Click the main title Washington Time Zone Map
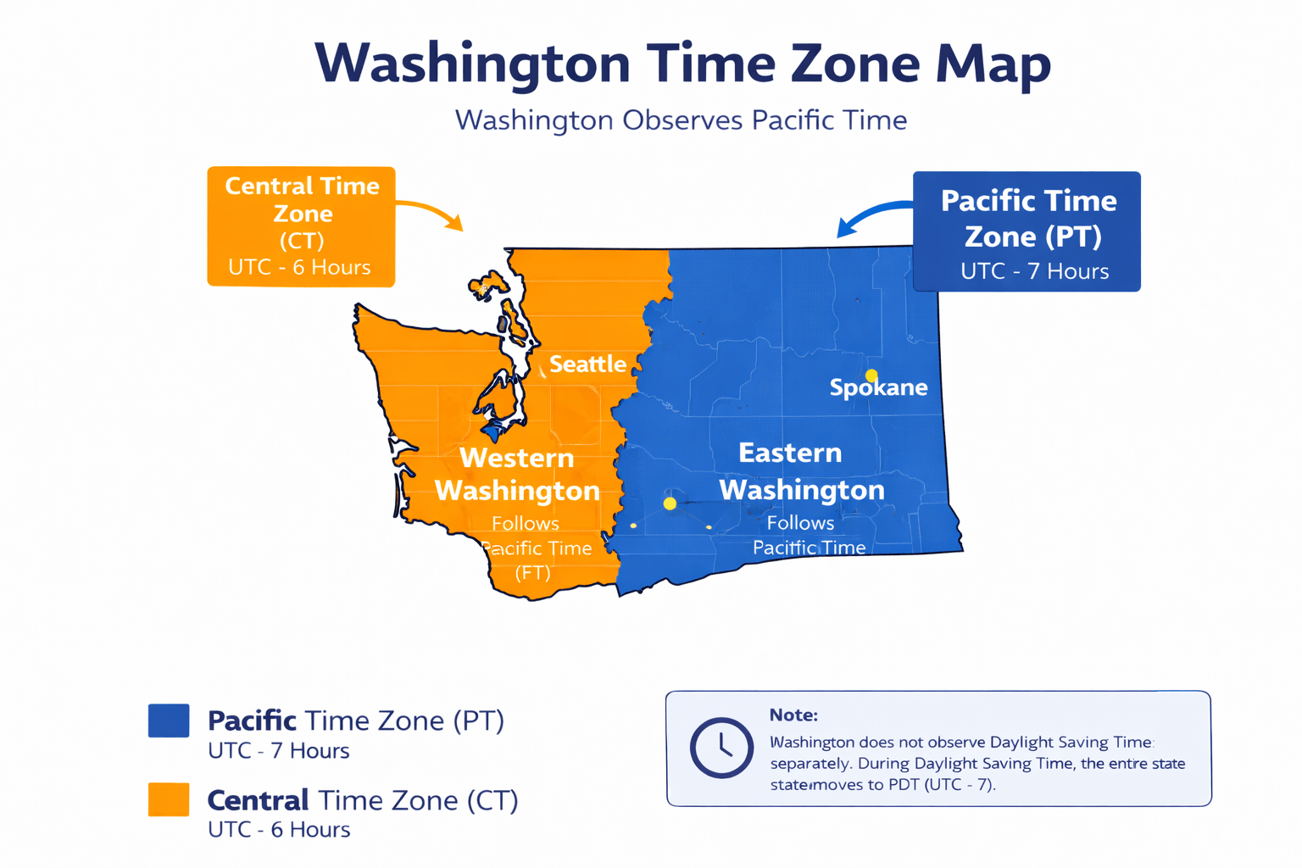682,63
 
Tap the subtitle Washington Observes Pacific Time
681,120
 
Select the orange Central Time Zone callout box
301,226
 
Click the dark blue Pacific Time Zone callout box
1027,231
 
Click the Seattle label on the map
587,364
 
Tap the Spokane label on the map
878,388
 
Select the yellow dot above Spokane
871,375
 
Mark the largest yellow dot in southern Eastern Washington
670,504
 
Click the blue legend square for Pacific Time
169,721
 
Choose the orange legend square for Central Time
169,799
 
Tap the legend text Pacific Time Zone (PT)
356,721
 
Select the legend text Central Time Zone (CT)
363,800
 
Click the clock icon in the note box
721,748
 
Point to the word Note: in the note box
793,715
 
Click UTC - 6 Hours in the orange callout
299,268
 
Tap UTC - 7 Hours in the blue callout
1034,271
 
